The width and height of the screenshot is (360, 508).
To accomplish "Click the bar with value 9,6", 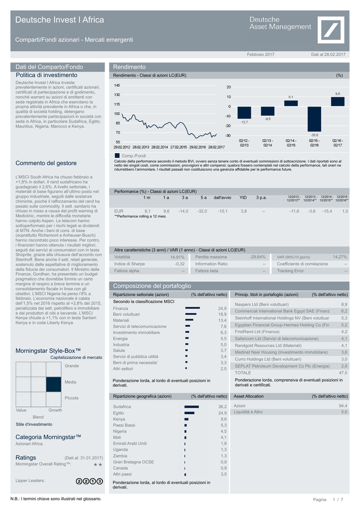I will [x=338, y=101].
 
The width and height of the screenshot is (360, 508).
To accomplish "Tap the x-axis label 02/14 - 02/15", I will [x=291, y=143].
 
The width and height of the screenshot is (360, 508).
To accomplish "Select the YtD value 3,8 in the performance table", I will [x=243, y=211].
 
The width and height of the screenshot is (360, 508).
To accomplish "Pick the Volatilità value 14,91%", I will [x=177, y=257].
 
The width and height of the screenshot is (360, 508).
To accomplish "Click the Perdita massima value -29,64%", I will [x=258, y=257].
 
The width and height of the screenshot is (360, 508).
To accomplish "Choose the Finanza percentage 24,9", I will [x=222, y=309].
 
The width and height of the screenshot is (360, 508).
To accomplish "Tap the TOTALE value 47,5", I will [x=343, y=373].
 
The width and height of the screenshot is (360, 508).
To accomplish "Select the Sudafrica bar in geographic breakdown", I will [x=191, y=407].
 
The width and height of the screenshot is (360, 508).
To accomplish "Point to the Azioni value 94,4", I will [x=343, y=406].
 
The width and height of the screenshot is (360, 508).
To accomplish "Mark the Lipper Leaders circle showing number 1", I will [x=93, y=481].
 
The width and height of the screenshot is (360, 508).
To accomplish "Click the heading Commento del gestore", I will [x=46, y=163].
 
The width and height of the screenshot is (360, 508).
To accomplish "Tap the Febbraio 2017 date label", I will [x=261, y=54].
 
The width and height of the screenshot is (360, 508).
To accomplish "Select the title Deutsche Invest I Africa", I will [x=60, y=20].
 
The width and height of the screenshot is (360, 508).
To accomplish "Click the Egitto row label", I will [x=119, y=413].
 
